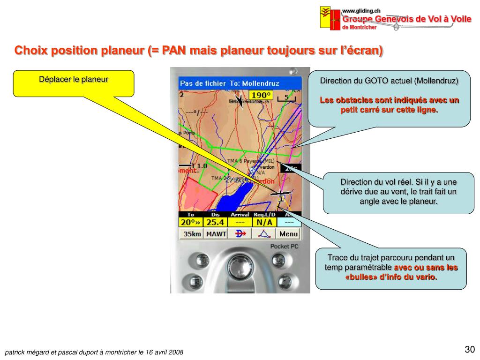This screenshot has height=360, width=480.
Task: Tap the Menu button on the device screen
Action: point(289,234)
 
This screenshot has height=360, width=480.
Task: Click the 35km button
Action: point(192,234)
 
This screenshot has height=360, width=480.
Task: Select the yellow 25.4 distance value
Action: point(216,222)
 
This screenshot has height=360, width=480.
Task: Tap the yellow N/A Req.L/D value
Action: point(264,222)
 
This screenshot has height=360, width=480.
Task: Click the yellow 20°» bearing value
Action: point(191,222)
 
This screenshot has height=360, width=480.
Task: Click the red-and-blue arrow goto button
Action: point(240,234)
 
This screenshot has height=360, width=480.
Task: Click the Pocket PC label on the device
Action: point(284,247)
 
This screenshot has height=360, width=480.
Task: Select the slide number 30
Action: point(470,349)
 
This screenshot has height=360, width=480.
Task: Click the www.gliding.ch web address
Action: point(360,11)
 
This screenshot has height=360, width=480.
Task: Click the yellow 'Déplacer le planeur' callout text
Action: point(74,79)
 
